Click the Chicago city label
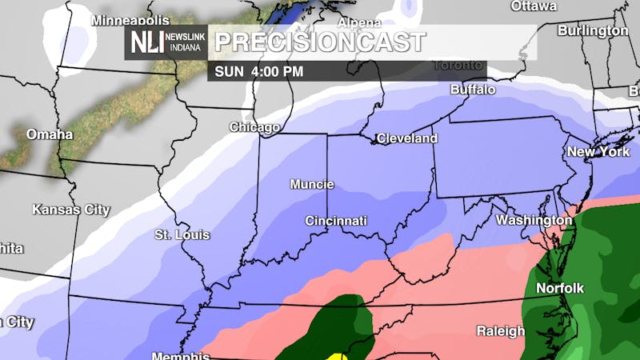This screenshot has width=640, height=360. point(254,127)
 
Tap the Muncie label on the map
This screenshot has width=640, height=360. point(312,185)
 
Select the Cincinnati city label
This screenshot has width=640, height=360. point(336,220)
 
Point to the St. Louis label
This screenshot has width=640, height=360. point(182,235)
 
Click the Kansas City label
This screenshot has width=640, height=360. point(71,210)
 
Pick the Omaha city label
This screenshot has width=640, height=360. point(50,134)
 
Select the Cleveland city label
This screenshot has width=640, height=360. point(407,138)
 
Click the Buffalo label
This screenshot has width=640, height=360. point(473,90)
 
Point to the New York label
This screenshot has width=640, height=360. point(598,152)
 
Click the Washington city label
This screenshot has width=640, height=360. point(534,219)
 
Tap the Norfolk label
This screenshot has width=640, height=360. point(561,288)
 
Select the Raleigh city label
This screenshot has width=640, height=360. point(501,330)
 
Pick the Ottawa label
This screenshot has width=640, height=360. point(534,6)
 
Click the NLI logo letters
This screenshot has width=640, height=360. point(144,42)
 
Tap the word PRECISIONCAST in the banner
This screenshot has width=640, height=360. point(320,42)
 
